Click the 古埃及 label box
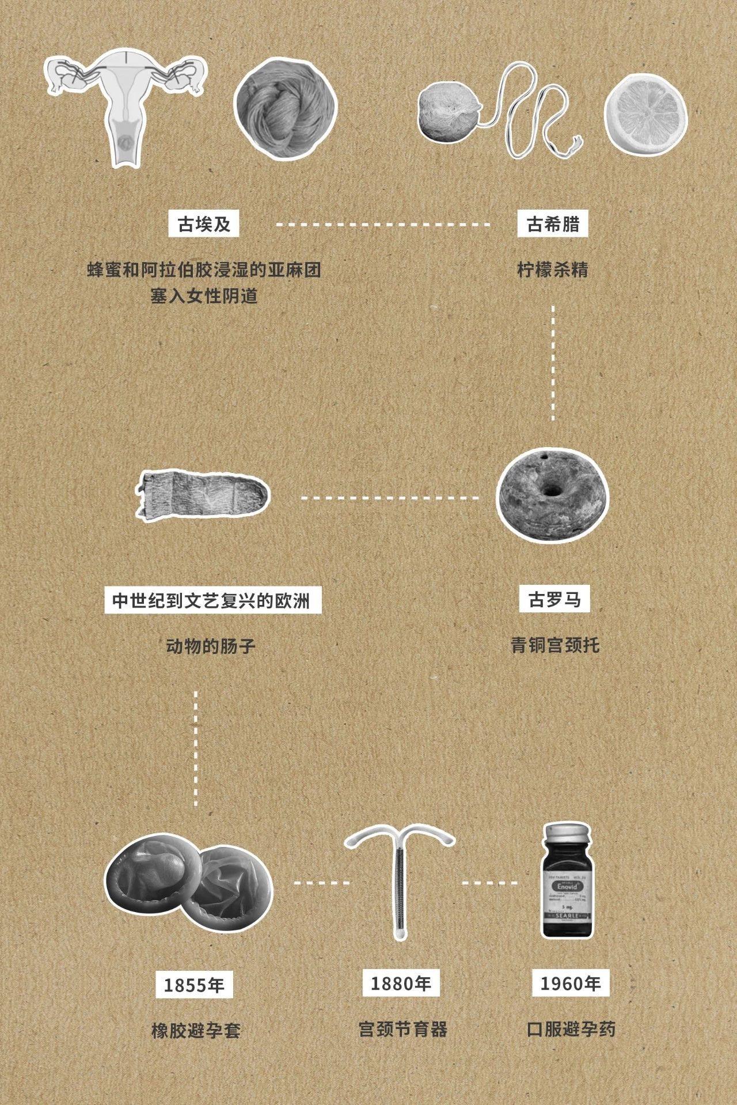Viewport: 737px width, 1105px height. (x=204, y=224)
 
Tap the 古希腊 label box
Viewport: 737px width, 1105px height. (x=553, y=224)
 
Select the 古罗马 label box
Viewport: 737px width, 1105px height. (x=554, y=600)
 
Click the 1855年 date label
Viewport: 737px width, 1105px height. (x=194, y=985)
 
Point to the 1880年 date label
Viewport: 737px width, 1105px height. (x=401, y=982)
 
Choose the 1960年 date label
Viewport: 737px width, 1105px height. (x=570, y=983)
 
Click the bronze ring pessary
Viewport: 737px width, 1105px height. (x=552, y=496)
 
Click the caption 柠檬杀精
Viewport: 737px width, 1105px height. (x=553, y=269)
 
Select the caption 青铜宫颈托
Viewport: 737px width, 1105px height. (x=555, y=645)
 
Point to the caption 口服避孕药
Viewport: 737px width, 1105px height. (x=571, y=1029)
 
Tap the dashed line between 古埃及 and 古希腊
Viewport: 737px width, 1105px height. (x=383, y=224)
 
